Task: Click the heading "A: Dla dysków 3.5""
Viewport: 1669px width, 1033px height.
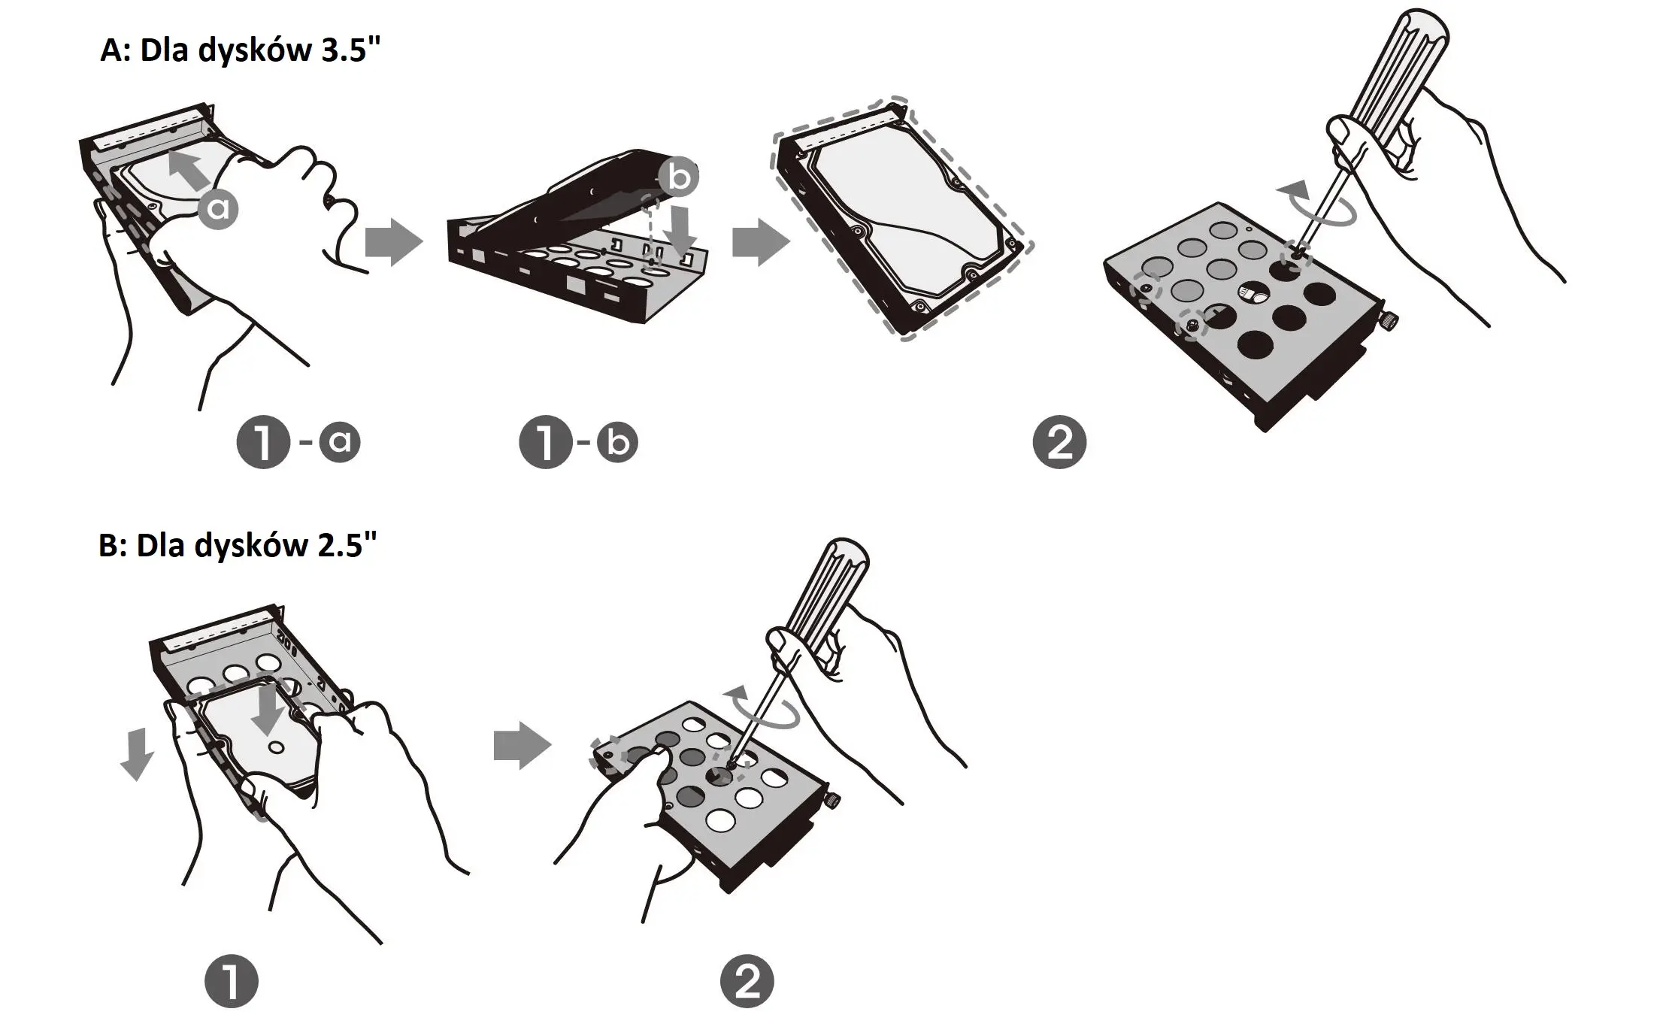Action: [x=241, y=51]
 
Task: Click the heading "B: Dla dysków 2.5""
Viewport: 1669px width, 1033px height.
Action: [x=238, y=545]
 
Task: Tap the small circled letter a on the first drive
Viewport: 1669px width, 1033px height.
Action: [x=218, y=209]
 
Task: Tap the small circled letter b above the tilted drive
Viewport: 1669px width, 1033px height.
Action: [x=678, y=177]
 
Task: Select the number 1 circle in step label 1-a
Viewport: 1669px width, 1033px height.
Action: [x=263, y=442]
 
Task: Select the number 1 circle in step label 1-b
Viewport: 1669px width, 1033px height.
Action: [x=546, y=442]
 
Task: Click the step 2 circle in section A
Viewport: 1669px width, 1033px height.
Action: [x=1059, y=442]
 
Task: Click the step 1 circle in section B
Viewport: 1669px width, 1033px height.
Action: [x=232, y=981]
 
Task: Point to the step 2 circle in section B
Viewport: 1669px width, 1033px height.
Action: [x=747, y=981]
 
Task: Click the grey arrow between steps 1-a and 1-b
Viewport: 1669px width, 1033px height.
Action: [x=393, y=242]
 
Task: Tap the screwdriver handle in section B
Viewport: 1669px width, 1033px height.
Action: [x=827, y=586]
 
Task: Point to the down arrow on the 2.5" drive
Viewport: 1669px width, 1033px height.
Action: [x=268, y=707]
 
